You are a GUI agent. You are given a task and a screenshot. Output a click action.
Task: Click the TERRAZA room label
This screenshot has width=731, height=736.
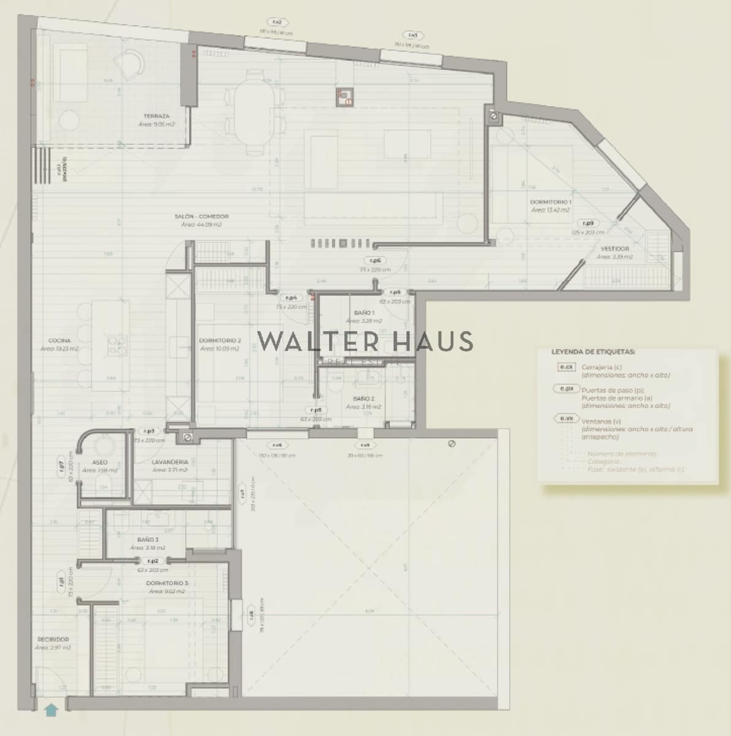click(157, 116)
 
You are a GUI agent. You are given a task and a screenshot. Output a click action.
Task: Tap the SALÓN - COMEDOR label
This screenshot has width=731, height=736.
click(201, 217)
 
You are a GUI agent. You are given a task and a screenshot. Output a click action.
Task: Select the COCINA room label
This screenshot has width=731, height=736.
click(60, 340)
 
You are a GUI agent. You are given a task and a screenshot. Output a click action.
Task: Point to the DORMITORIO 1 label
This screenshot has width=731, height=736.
click(551, 202)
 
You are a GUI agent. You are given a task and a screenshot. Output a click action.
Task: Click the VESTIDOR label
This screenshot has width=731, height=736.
click(614, 249)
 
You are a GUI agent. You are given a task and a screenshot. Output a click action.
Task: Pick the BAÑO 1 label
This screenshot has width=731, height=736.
click(364, 313)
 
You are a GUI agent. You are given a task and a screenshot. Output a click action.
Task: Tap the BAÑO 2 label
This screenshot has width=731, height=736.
click(363, 399)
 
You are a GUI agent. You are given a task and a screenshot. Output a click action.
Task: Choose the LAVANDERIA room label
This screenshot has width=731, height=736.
click(170, 462)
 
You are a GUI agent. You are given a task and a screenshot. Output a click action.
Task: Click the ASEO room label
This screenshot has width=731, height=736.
click(99, 462)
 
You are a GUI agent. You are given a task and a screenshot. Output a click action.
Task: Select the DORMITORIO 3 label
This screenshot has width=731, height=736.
click(167, 583)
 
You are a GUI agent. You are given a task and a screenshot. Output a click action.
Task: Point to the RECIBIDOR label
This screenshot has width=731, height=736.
click(53, 639)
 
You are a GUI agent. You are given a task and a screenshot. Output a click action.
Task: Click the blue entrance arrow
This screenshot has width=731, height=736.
click(51, 710)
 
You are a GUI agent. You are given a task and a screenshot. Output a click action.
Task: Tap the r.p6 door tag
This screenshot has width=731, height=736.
click(375, 261)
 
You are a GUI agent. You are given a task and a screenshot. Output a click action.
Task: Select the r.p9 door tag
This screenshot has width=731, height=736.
click(588, 224)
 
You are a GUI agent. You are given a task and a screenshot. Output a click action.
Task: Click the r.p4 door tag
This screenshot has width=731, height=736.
click(292, 298)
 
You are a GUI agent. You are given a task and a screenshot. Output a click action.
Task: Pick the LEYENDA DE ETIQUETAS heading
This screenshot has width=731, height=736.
click(593, 352)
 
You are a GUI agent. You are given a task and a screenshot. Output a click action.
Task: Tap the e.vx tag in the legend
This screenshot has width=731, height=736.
click(566, 419)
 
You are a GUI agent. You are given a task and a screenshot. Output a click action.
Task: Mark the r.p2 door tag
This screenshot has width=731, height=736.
click(152, 561)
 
